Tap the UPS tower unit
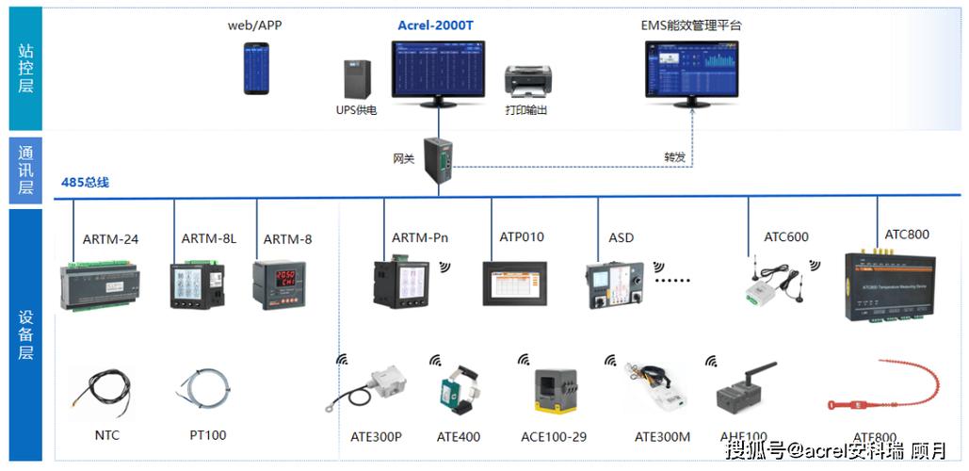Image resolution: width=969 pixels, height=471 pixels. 357,80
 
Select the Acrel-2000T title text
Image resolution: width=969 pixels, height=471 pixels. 435,25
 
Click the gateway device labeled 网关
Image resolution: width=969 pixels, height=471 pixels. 438,156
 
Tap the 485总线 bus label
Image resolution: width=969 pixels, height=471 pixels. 86,182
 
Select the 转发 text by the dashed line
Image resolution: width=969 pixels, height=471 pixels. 674,157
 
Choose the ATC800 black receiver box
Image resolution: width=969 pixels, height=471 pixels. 891,285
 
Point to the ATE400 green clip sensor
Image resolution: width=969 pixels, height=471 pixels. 456,392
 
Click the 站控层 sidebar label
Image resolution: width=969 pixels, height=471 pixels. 26,68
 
